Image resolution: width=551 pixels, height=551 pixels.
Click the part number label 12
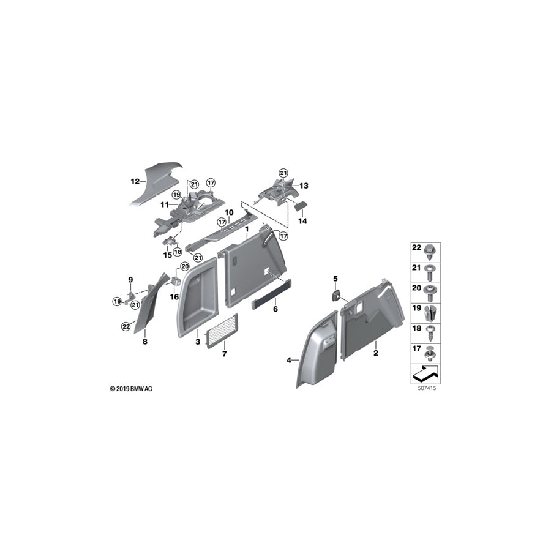[x=135, y=181]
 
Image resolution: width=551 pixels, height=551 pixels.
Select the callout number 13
[x=304, y=185]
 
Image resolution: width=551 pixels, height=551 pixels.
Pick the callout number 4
[x=289, y=361]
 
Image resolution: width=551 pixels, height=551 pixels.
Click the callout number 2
[x=375, y=353]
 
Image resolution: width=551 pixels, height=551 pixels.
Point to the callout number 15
[x=168, y=255]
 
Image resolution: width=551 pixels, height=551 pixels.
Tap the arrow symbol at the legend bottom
[x=426, y=371]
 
